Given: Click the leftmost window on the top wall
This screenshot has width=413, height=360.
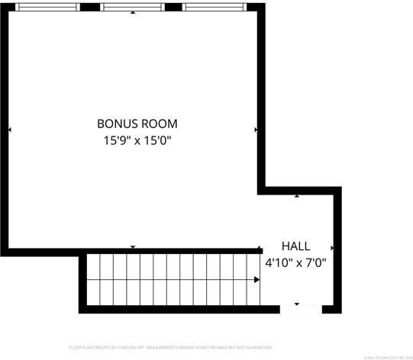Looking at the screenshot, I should coord(47,7).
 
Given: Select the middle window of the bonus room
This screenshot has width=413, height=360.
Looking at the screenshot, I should coord(134,7).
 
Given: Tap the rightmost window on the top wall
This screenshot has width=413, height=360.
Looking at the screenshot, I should coord(214,7).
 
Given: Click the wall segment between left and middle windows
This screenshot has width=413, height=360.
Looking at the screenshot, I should coord(90,7).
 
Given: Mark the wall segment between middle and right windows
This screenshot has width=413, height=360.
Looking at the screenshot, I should coord(173,7).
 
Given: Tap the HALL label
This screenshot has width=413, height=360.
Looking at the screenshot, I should coord(295,246).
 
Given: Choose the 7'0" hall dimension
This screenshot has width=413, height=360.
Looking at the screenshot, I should coord(317,263).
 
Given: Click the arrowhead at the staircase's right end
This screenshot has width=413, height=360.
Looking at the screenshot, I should coord(257,280).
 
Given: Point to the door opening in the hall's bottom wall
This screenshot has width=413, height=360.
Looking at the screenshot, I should coord(301,309).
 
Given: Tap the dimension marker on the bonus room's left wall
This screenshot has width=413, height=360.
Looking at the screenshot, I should coord(10,130).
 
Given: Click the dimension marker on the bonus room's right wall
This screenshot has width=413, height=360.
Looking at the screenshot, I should coord(256,130).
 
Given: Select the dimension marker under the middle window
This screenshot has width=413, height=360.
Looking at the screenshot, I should coord(134,14).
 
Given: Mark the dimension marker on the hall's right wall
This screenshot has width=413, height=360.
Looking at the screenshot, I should coord(332,248).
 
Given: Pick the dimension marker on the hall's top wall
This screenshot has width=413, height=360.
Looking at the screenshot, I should coord(297,196).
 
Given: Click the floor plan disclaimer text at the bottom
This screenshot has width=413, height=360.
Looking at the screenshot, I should coord(170,347).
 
